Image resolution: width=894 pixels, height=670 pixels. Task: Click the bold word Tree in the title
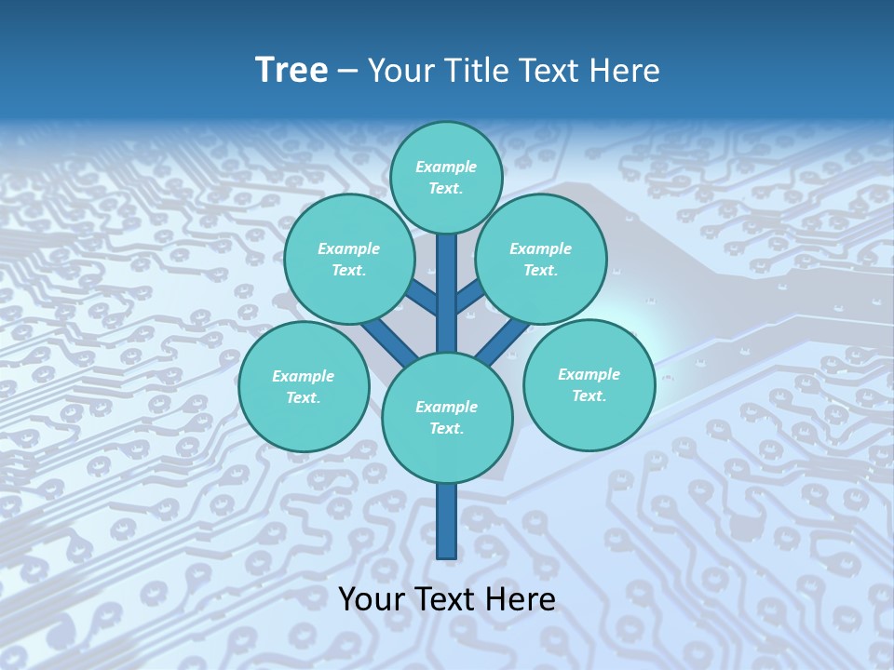pyautogui.click(x=291, y=71)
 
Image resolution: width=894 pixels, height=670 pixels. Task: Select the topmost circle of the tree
pyautogui.click(x=446, y=177)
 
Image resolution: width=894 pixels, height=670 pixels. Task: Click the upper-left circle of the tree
pyautogui.click(x=349, y=259)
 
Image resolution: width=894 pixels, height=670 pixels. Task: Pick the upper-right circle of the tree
pyautogui.click(x=541, y=259)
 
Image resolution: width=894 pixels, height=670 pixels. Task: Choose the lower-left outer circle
pyautogui.click(x=304, y=386)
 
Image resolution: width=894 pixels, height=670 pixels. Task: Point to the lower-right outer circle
pyautogui.click(x=589, y=384)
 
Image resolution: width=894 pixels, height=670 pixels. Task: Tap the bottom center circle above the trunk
pyautogui.click(x=447, y=418)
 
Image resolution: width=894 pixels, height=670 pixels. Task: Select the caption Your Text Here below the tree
pyautogui.click(x=447, y=599)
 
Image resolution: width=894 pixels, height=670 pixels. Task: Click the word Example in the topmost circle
pyautogui.click(x=446, y=167)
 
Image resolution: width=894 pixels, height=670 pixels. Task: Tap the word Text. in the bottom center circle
pyautogui.click(x=446, y=429)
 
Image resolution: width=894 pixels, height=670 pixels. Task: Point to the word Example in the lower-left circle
pyautogui.click(x=304, y=376)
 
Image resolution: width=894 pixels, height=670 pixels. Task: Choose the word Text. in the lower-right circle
pyautogui.click(x=589, y=395)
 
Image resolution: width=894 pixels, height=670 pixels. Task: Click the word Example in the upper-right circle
pyautogui.click(x=541, y=248)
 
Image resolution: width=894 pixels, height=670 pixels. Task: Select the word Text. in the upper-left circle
pyautogui.click(x=349, y=270)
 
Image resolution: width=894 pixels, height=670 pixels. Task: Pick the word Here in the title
pyautogui.click(x=626, y=71)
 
